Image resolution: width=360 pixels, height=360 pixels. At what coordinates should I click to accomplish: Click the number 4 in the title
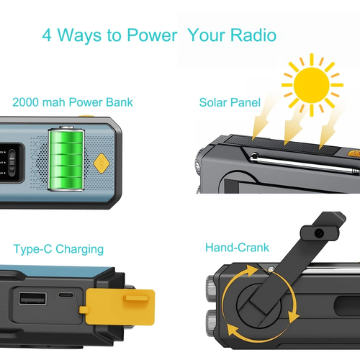47,35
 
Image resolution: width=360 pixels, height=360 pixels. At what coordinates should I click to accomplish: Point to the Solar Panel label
230,102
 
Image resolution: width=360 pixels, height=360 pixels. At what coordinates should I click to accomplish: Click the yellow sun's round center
312,86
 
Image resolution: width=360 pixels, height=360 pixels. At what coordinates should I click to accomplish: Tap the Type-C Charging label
58,249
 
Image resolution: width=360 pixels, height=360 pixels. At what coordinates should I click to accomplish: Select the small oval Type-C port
66,296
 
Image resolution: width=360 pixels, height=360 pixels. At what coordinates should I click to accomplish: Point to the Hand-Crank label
237,248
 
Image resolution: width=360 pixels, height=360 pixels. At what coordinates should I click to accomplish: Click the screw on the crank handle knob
318,232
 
